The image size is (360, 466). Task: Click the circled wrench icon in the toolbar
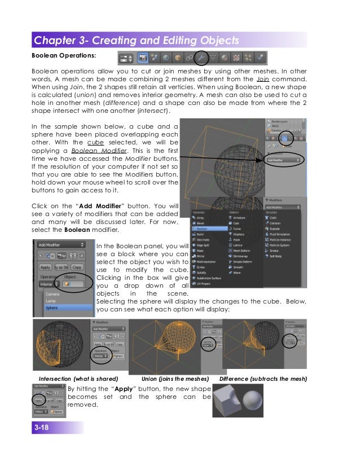tap(201, 58)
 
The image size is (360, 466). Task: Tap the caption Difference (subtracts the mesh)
tap(262, 378)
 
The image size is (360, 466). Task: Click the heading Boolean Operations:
tap(63, 56)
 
